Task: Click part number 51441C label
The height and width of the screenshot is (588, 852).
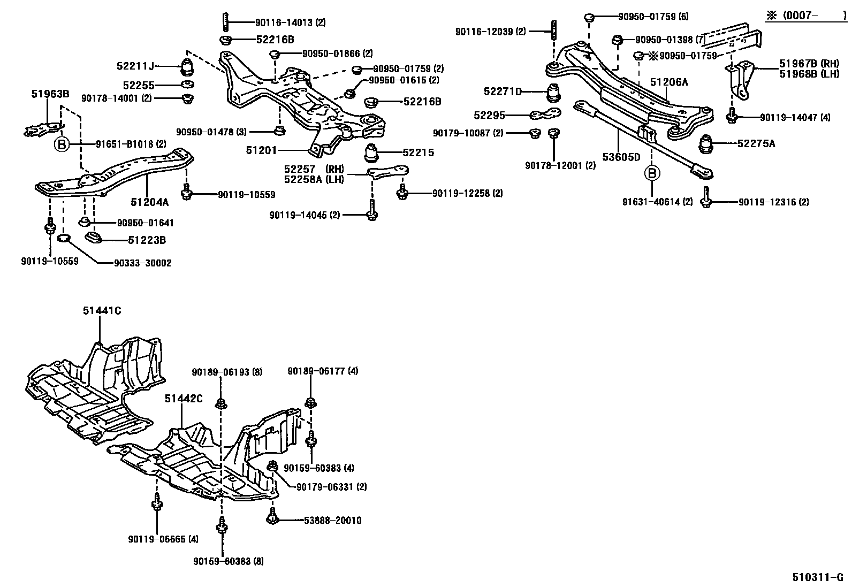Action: (x=102, y=310)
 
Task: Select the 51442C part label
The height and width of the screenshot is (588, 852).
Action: (x=184, y=399)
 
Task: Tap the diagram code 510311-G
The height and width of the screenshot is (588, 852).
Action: (x=818, y=578)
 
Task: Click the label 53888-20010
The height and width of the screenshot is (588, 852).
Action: (x=325, y=520)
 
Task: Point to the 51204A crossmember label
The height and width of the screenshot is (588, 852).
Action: (x=150, y=202)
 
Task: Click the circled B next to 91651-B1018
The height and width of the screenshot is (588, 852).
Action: (x=62, y=144)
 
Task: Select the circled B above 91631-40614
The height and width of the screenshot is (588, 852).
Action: (x=652, y=173)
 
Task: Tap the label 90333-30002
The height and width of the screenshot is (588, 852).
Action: (x=143, y=263)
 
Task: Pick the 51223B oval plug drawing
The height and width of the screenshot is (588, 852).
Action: (x=94, y=238)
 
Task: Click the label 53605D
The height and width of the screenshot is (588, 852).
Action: (x=621, y=157)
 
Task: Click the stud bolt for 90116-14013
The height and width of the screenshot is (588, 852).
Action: (x=224, y=22)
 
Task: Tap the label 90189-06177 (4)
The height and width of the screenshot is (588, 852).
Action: (x=323, y=371)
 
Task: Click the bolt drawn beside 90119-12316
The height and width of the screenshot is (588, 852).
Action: (x=707, y=197)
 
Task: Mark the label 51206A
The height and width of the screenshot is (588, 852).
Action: (x=669, y=82)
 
